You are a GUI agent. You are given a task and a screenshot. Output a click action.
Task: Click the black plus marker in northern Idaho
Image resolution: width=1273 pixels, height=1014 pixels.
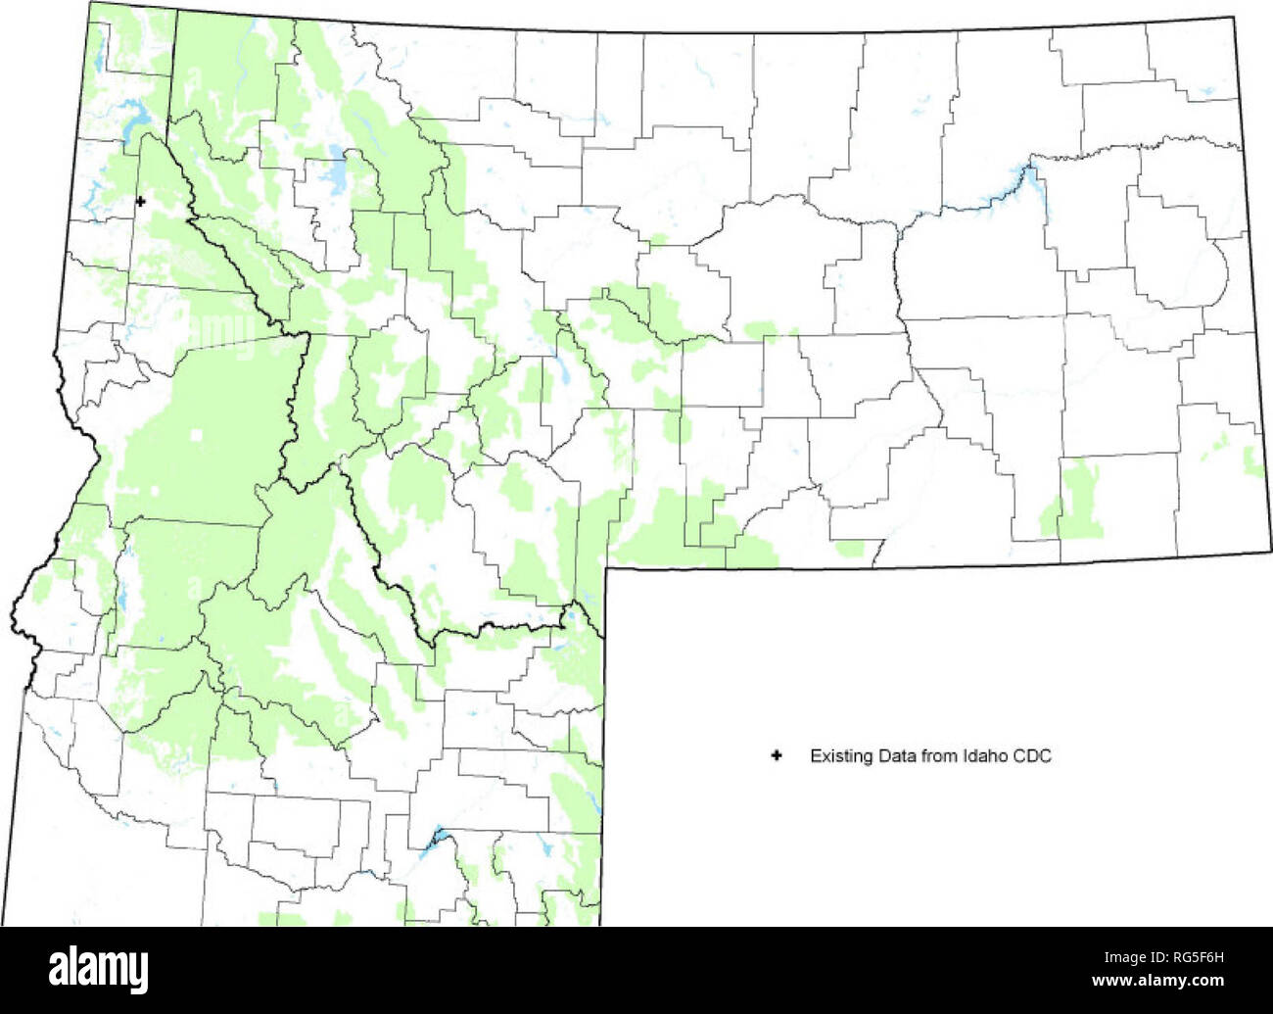click(140, 202)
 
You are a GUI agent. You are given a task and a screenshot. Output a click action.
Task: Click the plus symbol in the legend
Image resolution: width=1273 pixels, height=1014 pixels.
click(777, 755)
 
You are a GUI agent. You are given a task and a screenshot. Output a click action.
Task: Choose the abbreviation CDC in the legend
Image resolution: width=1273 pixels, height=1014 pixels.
click(1031, 755)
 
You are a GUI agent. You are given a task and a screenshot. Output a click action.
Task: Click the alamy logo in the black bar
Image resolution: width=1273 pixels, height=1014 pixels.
click(99, 969)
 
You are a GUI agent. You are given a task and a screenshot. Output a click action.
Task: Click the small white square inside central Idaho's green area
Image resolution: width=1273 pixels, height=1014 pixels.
click(199, 435)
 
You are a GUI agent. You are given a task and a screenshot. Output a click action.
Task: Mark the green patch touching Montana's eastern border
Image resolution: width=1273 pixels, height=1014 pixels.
click(1252, 460)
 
